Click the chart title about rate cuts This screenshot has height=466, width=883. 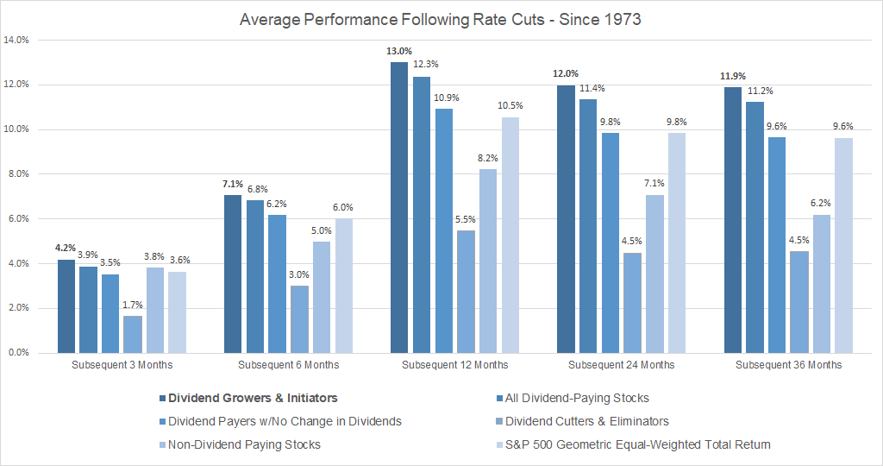click(x=441, y=19)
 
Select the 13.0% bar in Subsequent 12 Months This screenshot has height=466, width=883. click(x=398, y=207)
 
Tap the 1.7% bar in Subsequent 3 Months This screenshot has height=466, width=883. click(x=133, y=334)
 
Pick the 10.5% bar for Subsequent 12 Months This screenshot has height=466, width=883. click(x=510, y=235)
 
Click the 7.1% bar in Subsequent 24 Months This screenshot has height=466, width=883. click(x=654, y=274)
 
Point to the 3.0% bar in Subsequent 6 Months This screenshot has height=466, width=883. click(x=299, y=319)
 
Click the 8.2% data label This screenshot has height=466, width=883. click(x=487, y=159)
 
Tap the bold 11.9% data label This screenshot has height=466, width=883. click(x=733, y=76)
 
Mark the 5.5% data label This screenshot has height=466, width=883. click(x=465, y=219)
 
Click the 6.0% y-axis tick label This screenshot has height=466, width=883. click(x=19, y=218)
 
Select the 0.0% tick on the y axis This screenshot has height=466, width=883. click(x=19, y=353)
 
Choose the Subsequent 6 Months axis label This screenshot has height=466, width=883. click(x=288, y=365)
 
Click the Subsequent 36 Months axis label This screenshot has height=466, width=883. click(x=788, y=365)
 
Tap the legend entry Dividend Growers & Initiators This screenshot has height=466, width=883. click(x=253, y=398)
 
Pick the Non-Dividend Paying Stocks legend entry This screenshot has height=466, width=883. click(x=244, y=444)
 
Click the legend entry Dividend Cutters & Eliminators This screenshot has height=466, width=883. click(x=586, y=421)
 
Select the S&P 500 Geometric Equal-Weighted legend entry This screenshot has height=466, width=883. click(x=637, y=444)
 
